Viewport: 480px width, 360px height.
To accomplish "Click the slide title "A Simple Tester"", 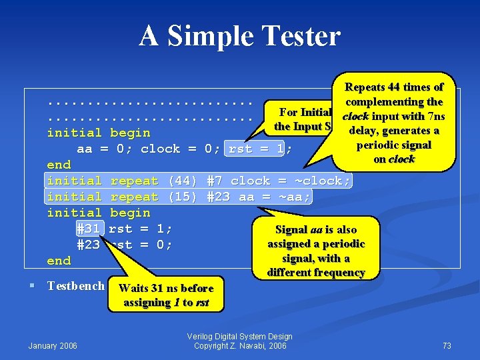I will (239, 36).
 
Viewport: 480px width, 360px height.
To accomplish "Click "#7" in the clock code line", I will (215, 181).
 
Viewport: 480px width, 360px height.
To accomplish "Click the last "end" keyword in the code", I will (59, 261).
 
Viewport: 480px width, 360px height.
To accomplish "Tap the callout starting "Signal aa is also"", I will (316, 251).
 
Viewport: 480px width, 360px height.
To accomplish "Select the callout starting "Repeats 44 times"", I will (393, 123).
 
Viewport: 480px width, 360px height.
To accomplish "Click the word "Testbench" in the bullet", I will (75, 286).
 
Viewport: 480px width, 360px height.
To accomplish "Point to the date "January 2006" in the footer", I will (53, 345).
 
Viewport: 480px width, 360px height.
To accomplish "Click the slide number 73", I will (447, 345).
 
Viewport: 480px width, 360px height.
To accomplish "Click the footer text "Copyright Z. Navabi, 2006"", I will (240, 345).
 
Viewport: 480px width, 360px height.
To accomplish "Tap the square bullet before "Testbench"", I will (33, 286).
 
